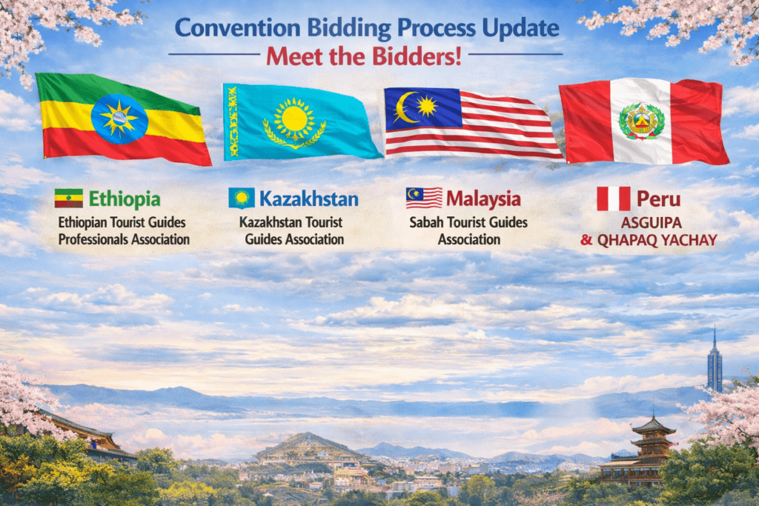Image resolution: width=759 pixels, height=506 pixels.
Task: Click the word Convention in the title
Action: (x=238, y=28)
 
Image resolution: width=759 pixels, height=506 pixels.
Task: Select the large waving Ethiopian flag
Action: (x=124, y=119)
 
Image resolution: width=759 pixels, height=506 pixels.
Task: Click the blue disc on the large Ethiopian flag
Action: (x=119, y=119)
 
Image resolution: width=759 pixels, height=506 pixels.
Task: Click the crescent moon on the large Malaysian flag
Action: (x=405, y=107)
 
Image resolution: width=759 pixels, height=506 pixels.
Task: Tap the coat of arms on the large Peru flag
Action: (x=640, y=121)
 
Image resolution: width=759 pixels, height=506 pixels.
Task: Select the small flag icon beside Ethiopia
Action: (x=69, y=199)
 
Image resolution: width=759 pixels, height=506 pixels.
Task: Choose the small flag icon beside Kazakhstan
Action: (x=242, y=199)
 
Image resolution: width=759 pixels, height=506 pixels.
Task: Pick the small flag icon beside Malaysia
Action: (x=424, y=198)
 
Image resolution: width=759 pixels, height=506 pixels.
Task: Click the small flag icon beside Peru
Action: (x=613, y=199)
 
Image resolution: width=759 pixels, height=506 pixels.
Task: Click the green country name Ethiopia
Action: (x=125, y=199)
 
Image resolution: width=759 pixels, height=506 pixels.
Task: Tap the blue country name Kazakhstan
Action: (x=309, y=199)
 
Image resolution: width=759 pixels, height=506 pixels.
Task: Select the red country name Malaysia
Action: (x=483, y=199)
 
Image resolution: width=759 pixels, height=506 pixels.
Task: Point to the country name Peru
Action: (x=658, y=199)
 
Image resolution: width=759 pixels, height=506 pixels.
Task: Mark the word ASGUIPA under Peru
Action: (x=651, y=223)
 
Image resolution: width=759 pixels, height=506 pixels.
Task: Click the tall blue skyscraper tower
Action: (x=715, y=360)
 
